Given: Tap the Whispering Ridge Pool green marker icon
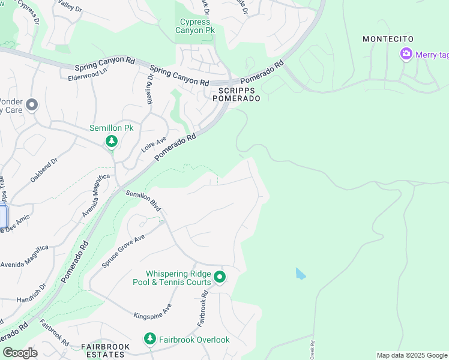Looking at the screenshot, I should [x=220, y=277].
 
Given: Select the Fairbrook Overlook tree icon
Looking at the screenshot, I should [x=149, y=340].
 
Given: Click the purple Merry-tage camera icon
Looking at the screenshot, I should [x=406, y=55].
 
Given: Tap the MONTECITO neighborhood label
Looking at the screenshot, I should [x=388, y=39].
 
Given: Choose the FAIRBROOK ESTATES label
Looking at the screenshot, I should [x=103, y=351].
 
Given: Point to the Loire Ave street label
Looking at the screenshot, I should [x=153, y=144].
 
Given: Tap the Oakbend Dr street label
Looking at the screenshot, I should [x=46, y=170].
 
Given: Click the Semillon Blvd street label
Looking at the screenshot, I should [x=143, y=200].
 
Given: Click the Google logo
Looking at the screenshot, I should [x=20, y=353].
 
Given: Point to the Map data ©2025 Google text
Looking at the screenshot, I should [x=411, y=355].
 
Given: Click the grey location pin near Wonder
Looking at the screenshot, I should [x=32, y=105].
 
